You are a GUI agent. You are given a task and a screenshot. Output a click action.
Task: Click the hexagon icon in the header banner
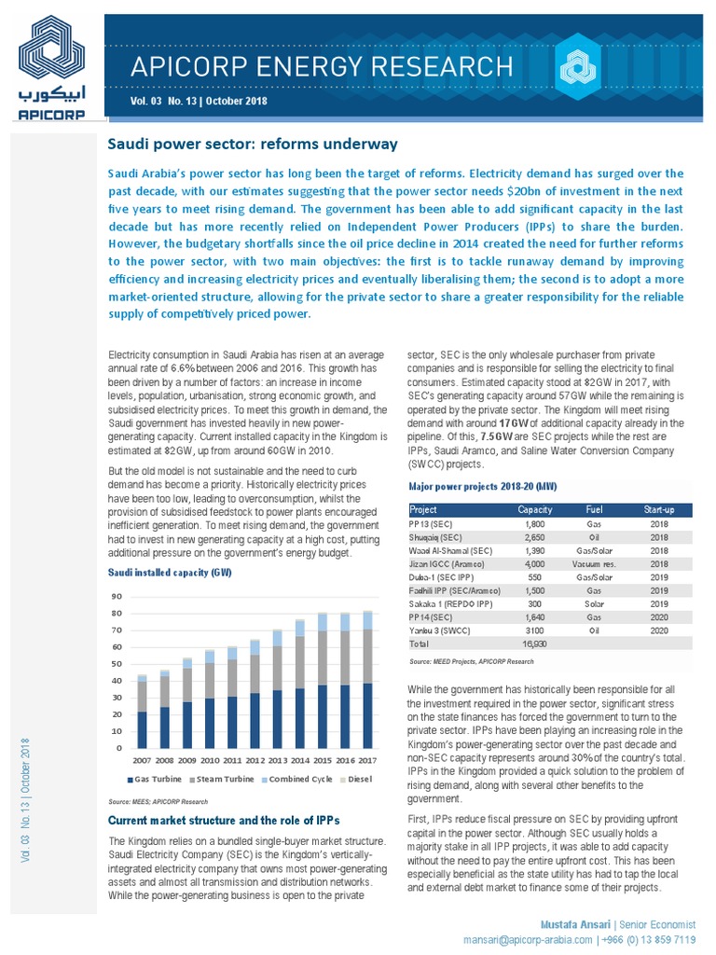571,67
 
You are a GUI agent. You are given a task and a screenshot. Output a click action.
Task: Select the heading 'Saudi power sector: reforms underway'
254,144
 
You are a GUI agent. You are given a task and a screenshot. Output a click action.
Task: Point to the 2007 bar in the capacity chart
142,712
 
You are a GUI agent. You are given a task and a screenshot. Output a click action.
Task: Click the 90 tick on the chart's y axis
116,597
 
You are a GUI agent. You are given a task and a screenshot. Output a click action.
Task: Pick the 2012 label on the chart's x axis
255,760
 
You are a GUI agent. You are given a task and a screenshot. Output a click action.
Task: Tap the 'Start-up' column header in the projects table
667,509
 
